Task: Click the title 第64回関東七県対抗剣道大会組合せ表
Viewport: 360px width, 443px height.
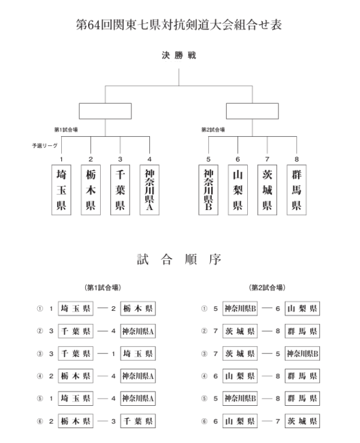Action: (x=179, y=25)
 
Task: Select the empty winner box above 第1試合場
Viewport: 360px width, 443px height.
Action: (x=105, y=111)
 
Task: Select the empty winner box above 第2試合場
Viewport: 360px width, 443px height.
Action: (x=252, y=111)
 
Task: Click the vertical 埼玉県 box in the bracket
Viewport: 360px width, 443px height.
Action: (x=61, y=190)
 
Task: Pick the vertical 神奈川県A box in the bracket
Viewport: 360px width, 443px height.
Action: (x=149, y=190)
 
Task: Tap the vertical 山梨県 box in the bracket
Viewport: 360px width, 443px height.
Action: (x=238, y=190)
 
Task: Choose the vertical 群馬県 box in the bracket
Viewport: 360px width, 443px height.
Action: (x=296, y=190)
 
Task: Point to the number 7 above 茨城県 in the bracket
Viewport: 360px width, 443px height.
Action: (x=267, y=159)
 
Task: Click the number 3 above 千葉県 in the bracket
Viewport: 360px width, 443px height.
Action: (x=120, y=159)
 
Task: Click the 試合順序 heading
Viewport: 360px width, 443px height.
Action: (x=179, y=259)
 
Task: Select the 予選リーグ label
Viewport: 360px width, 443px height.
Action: (x=43, y=145)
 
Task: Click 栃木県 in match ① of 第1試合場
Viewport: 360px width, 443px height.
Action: (x=138, y=309)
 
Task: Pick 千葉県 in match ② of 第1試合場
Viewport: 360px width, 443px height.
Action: (x=76, y=331)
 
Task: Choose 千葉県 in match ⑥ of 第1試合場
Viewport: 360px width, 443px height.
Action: (x=138, y=421)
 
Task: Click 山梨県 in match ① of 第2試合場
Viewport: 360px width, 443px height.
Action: (x=302, y=309)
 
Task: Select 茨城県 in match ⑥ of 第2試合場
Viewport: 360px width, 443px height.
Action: (x=302, y=421)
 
